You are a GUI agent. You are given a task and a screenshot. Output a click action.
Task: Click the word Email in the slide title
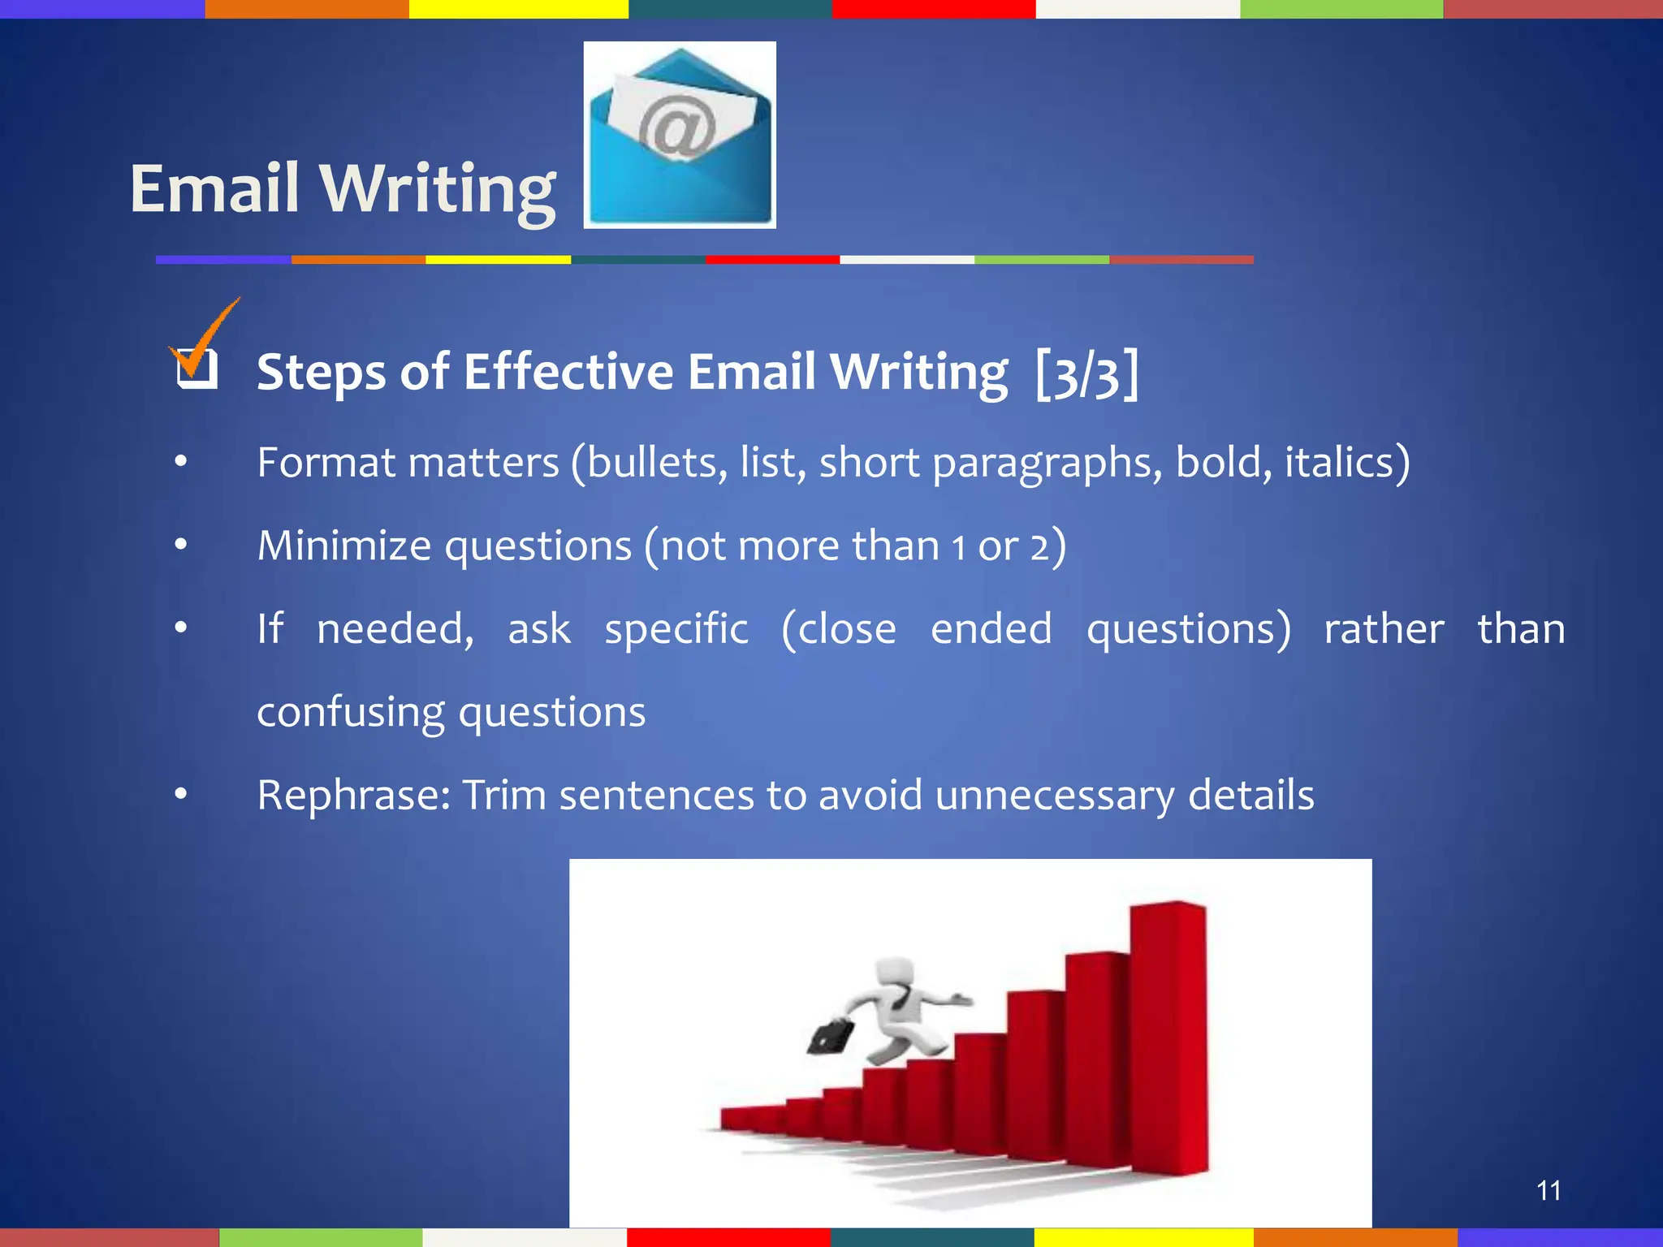point(214,188)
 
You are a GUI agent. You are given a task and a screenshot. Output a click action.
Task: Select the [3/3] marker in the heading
point(1087,373)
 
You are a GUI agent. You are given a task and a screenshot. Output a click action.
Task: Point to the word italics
point(1345,463)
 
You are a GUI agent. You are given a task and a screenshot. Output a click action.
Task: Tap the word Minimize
point(343,546)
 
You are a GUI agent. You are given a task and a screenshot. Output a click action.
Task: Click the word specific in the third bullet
point(676,630)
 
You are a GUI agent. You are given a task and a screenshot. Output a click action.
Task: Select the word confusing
point(350,713)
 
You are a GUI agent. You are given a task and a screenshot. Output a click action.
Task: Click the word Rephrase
point(353,796)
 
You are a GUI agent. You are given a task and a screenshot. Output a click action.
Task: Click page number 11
point(1548,1191)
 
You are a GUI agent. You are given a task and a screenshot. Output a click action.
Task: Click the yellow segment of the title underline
point(498,260)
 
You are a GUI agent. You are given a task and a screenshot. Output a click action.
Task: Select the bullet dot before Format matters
point(180,463)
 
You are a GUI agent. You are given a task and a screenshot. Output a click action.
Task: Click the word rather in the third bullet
point(1383,630)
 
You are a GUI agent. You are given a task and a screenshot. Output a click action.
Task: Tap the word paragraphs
point(1047,463)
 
